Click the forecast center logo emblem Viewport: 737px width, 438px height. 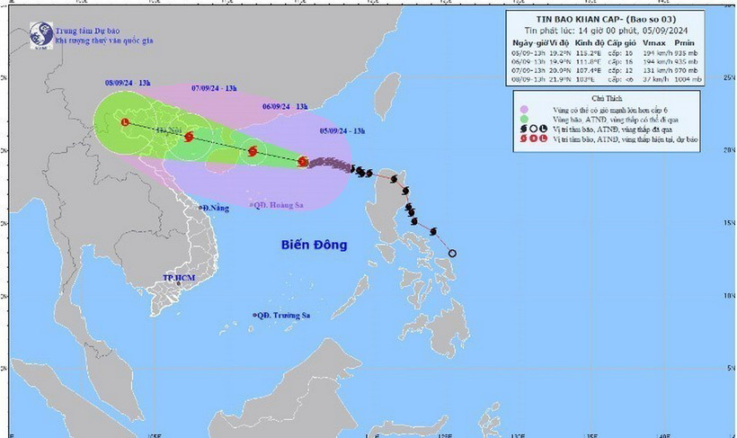(40, 35)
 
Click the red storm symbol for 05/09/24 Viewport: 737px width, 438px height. (302, 162)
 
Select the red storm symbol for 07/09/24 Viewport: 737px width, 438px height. (189, 138)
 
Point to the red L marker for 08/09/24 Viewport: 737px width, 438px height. (124, 123)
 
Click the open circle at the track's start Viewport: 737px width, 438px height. (452, 253)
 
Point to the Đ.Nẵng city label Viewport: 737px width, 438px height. (215, 209)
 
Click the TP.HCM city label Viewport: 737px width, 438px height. (180, 279)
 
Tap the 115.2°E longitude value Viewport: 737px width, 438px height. (590, 52)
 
